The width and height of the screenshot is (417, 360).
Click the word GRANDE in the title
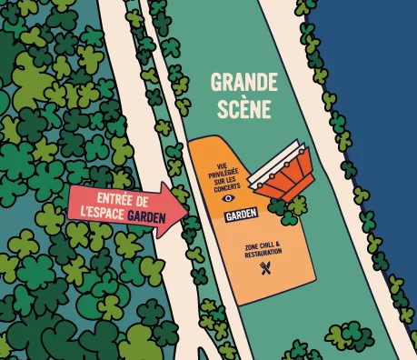click(243, 83)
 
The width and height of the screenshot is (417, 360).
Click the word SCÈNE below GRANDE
click(243, 109)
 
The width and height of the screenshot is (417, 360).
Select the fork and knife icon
click(266, 268)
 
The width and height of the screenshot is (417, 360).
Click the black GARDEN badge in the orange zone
click(241, 213)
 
